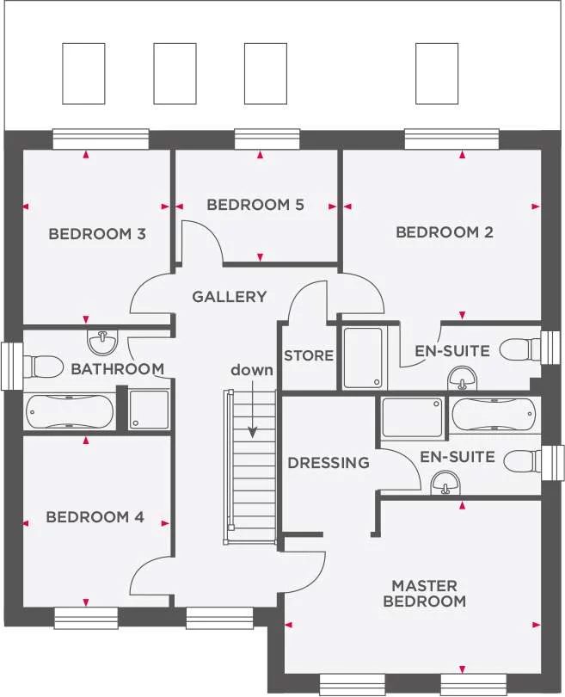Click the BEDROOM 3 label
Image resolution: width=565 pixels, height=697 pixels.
(96, 233)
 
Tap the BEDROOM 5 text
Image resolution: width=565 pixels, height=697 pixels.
(255, 205)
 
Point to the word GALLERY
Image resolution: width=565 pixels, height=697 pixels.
(229, 297)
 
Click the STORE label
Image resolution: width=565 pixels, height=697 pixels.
(308, 355)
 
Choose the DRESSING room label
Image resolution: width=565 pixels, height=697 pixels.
(329, 463)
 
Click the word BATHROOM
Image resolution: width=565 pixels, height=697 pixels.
(117, 369)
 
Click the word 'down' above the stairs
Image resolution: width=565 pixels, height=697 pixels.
(252, 370)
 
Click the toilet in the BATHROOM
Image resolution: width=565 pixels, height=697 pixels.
(41, 367)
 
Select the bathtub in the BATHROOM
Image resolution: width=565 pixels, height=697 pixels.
(69, 412)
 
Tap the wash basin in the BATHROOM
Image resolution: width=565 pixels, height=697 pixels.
(102, 342)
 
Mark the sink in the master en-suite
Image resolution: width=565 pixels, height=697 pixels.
(445, 483)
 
